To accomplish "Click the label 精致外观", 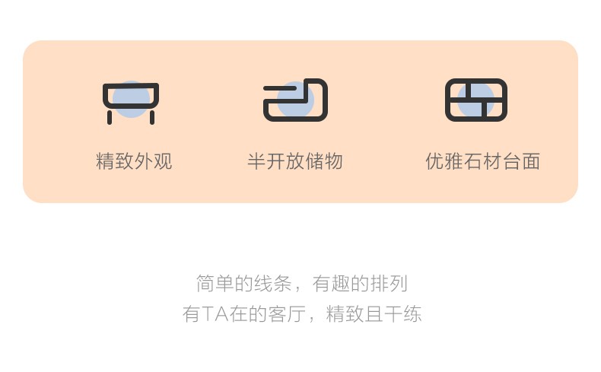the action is pos(134,161).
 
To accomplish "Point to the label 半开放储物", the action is pos(295,161).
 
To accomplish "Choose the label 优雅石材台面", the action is pos(483,161).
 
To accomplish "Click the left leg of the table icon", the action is pos(110,118).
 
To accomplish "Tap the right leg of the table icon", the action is pos(152,118).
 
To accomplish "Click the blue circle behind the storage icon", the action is pos(295,100).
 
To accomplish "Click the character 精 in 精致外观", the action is pos(106,161).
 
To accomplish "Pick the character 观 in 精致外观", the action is pos(163,161).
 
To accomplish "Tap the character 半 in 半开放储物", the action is pos(257,161).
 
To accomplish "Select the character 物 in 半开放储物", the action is pos(333,161).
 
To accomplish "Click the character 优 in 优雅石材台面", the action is pos(435,161).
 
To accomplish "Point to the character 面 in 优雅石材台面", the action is pos(531,161).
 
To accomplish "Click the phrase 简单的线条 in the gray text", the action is pos(243,284).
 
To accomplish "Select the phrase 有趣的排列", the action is pos(360,284).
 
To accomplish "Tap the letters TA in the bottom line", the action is pos(215,314).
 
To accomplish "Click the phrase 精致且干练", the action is pos(374,314).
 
